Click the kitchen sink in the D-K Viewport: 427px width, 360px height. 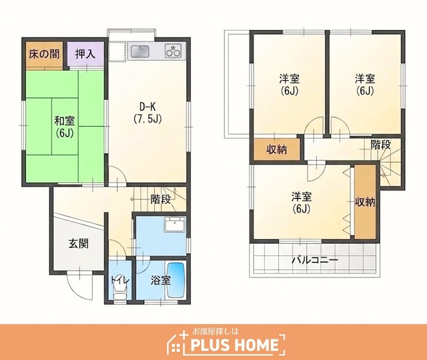pos(140,51)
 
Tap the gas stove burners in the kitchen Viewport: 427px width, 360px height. pos(173,51)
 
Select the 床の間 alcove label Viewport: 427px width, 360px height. pos(44,54)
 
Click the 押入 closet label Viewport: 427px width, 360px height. pos(85,54)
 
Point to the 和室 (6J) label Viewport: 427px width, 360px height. pos(65,127)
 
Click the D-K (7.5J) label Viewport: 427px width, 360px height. pos(147,113)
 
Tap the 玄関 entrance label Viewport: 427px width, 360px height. pos(79,244)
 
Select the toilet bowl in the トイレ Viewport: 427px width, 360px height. pos(120,291)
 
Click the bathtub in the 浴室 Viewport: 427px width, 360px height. pos(176,280)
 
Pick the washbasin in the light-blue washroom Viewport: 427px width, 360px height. pos(175,224)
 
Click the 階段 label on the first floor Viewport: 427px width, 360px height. pos(161,200)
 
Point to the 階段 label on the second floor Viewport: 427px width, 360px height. pos(381,145)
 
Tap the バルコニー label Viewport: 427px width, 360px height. pos(315,260)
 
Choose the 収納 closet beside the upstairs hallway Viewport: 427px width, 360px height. pos(277,150)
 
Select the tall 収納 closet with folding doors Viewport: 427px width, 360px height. pos(365,202)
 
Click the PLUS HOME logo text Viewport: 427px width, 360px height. pos(234,345)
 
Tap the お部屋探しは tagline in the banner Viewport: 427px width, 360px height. pos(216,331)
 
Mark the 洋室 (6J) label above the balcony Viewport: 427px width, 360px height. pos(302,202)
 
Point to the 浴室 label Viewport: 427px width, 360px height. pos(161,280)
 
